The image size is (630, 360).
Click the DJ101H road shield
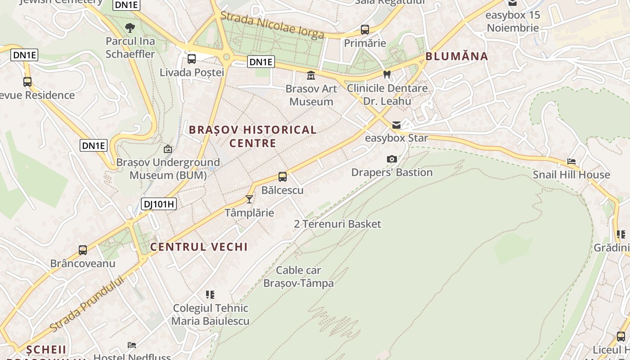(x=159, y=204)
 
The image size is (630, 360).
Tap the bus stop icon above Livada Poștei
(x=192, y=58)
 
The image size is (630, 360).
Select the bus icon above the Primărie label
(x=365, y=30)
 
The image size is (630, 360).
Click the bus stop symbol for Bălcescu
(x=283, y=177)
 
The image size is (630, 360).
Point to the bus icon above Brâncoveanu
(x=83, y=250)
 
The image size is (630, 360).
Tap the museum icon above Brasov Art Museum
(x=311, y=75)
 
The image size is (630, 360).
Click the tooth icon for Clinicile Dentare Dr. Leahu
(x=387, y=74)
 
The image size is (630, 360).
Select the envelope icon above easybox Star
(x=396, y=125)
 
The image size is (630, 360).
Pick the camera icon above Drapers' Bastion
(x=392, y=159)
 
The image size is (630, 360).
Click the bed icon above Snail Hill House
(x=571, y=161)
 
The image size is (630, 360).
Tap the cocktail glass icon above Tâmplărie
(x=249, y=199)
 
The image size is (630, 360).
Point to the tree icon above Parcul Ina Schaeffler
(x=130, y=28)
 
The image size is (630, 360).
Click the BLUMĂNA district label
(x=457, y=56)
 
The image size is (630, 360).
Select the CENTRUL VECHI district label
(x=199, y=247)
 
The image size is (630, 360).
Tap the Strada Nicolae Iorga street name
(x=272, y=25)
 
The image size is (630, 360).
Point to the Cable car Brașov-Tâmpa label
(x=299, y=277)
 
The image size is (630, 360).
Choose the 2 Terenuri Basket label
(x=337, y=224)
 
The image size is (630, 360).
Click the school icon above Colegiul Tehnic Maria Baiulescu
(x=210, y=295)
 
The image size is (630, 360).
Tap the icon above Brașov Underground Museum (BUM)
(x=168, y=149)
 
